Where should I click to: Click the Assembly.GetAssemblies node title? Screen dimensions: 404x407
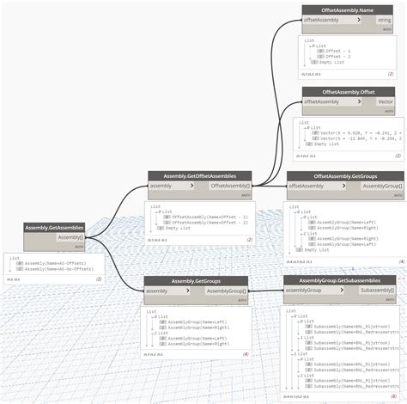(x=54, y=228)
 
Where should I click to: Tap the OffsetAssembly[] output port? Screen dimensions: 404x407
(x=231, y=185)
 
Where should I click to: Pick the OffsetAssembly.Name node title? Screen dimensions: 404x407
(x=348, y=9)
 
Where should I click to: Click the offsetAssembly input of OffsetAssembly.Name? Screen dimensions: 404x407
(x=322, y=19)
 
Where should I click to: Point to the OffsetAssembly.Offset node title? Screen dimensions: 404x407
(x=348, y=91)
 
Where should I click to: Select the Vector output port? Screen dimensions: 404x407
(x=385, y=101)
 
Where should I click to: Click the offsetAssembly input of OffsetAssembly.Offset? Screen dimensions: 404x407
(x=322, y=101)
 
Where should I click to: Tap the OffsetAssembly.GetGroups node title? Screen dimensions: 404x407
(x=345, y=175)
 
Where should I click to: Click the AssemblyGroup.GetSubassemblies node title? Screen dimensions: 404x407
(x=339, y=280)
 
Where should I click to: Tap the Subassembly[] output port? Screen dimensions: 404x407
(x=377, y=291)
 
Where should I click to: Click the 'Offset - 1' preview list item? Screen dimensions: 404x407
(x=339, y=51)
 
